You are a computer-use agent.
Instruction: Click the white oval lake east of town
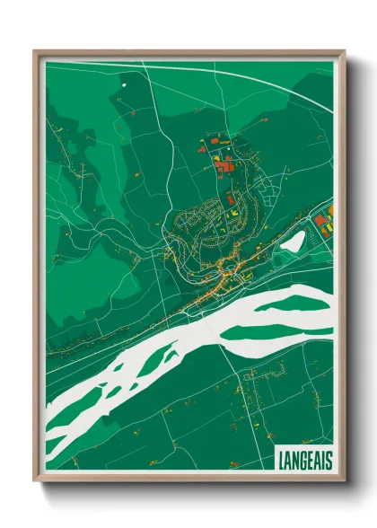[x=294, y=241]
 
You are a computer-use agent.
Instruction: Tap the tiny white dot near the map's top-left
[x=123, y=85]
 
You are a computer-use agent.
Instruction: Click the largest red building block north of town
[x=224, y=164]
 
